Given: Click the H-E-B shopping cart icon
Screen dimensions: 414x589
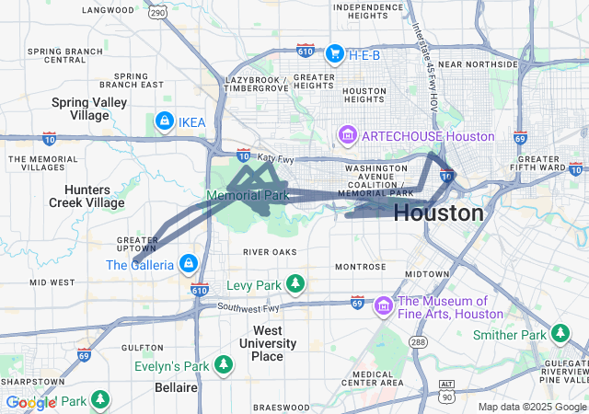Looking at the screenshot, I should coord(334,52).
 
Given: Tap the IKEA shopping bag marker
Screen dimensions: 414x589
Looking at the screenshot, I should coord(164,121).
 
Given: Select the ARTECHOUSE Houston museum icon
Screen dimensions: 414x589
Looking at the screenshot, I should coord(348,136).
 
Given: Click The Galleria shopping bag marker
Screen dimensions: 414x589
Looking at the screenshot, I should coord(189,265).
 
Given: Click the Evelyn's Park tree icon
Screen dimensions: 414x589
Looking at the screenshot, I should coord(224,366).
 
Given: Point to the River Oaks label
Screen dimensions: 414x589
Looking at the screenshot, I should coord(270,251).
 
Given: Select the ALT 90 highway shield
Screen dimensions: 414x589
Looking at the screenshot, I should coord(447,391).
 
